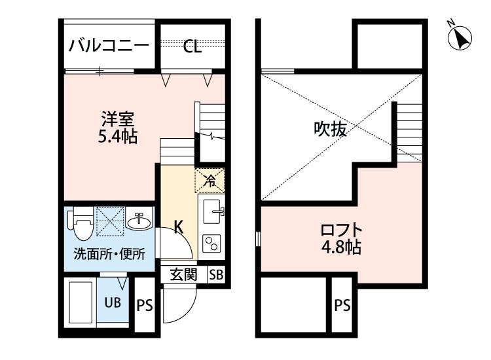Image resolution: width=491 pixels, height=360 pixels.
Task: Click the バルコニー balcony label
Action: point(109,46)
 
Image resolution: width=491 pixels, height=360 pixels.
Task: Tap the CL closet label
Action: point(192,47)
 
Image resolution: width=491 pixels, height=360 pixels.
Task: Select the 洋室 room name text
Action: point(118,119)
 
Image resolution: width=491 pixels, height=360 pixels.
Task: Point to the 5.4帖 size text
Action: point(118,137)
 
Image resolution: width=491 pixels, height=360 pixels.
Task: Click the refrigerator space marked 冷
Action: point(209,181)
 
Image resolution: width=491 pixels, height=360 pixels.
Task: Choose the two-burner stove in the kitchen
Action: point(211,243)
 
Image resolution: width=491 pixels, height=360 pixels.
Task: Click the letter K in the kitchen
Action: point(179,227)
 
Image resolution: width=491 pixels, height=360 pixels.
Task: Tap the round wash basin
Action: point(139,222)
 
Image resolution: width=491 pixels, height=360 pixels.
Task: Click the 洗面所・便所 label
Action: point(109,254)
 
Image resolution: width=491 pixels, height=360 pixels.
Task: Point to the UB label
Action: point(113,302)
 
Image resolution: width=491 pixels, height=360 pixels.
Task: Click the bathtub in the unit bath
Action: point(81,302)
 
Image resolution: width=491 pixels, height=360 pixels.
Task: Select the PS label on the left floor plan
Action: point(145,305)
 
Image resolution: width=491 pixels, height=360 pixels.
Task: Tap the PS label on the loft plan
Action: point(342,305)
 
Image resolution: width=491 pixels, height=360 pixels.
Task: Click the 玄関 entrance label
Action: point(183,275)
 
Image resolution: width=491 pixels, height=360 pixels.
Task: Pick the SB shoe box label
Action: point(217,275)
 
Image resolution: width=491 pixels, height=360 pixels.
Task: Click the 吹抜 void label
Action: point(331,129)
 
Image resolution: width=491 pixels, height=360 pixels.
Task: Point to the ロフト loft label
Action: point(341,230)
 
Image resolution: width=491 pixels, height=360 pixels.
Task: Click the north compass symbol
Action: point(460,37)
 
